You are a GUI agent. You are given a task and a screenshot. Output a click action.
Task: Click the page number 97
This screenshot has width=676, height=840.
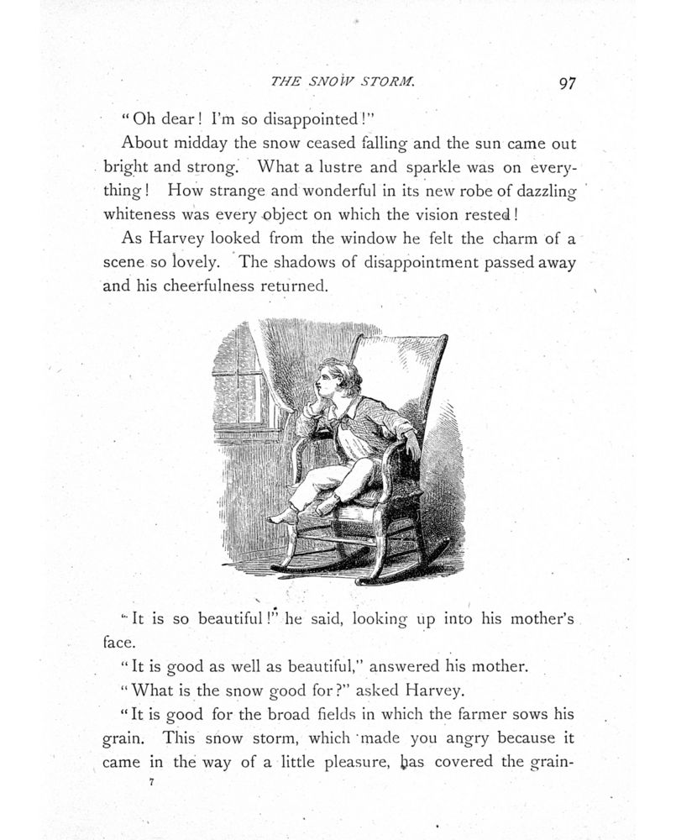pyautogui.click(x=565, y=83)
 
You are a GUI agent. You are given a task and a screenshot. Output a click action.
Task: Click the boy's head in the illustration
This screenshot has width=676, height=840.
pyautogui.click(x=339, y=377)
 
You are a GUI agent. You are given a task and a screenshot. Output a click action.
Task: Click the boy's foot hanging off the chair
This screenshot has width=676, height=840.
pyautogui.click(x=282, y=515)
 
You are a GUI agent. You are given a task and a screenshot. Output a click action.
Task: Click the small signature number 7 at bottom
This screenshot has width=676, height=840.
pyautogui.click(x=150, y=781)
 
